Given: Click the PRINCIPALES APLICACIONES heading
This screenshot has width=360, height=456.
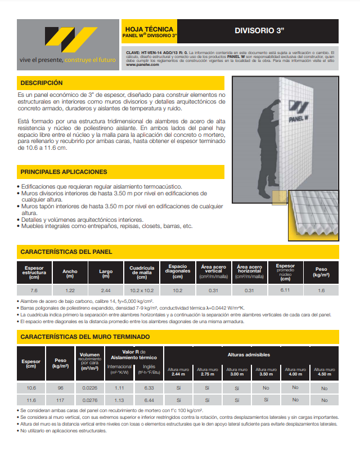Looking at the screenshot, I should (64, 171).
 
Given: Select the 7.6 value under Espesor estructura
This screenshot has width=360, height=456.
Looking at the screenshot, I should (34, 290).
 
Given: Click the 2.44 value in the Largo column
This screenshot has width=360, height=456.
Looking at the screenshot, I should (106, 290).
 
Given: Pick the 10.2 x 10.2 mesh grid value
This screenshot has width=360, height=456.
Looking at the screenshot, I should (142, 290).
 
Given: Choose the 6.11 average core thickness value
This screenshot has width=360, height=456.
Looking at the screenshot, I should (285, 290).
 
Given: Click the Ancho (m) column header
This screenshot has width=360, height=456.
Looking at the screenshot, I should (70, 274).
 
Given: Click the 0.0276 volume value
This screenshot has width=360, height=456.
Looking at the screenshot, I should (89, 399).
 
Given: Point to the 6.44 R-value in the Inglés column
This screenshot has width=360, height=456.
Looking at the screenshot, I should (149, 399).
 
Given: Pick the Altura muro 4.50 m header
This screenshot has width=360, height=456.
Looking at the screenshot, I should (324, 372).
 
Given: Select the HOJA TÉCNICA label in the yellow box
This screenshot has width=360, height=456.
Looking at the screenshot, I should (148, 29).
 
